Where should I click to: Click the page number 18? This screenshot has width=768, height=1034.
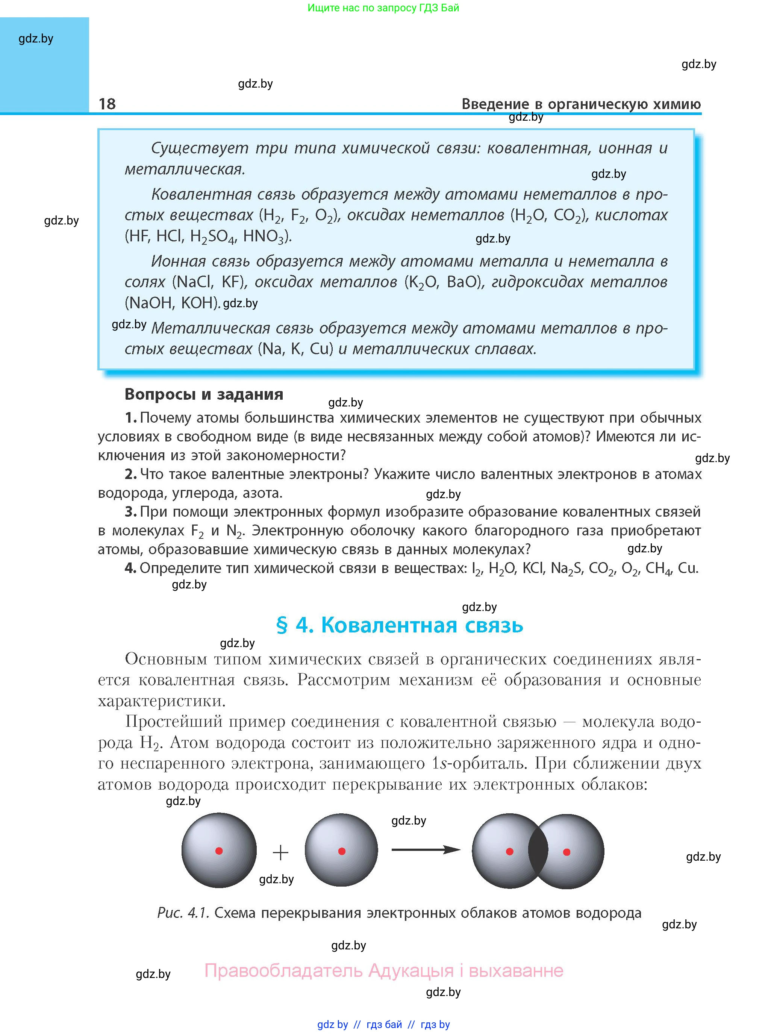tap(107, 104)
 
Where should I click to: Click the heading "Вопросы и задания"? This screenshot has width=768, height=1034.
tap(204, 394)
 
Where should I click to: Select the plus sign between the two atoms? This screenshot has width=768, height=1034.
tap(280, 852)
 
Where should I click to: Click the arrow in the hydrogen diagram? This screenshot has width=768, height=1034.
tap(426, 850)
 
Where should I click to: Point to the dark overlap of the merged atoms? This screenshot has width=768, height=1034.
tap(538, 851)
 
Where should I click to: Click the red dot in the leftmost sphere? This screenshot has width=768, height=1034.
tap(219, 851)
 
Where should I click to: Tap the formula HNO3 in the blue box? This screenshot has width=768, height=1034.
tap(264, 237)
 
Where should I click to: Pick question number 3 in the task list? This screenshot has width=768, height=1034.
tap(131, 512)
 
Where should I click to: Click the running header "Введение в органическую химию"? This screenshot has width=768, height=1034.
tap(581, 104)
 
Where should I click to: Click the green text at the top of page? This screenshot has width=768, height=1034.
tap(383, 8)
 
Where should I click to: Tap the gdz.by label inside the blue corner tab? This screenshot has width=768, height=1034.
tap(36, 39)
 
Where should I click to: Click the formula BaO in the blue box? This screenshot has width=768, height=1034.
tap(463, 282)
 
